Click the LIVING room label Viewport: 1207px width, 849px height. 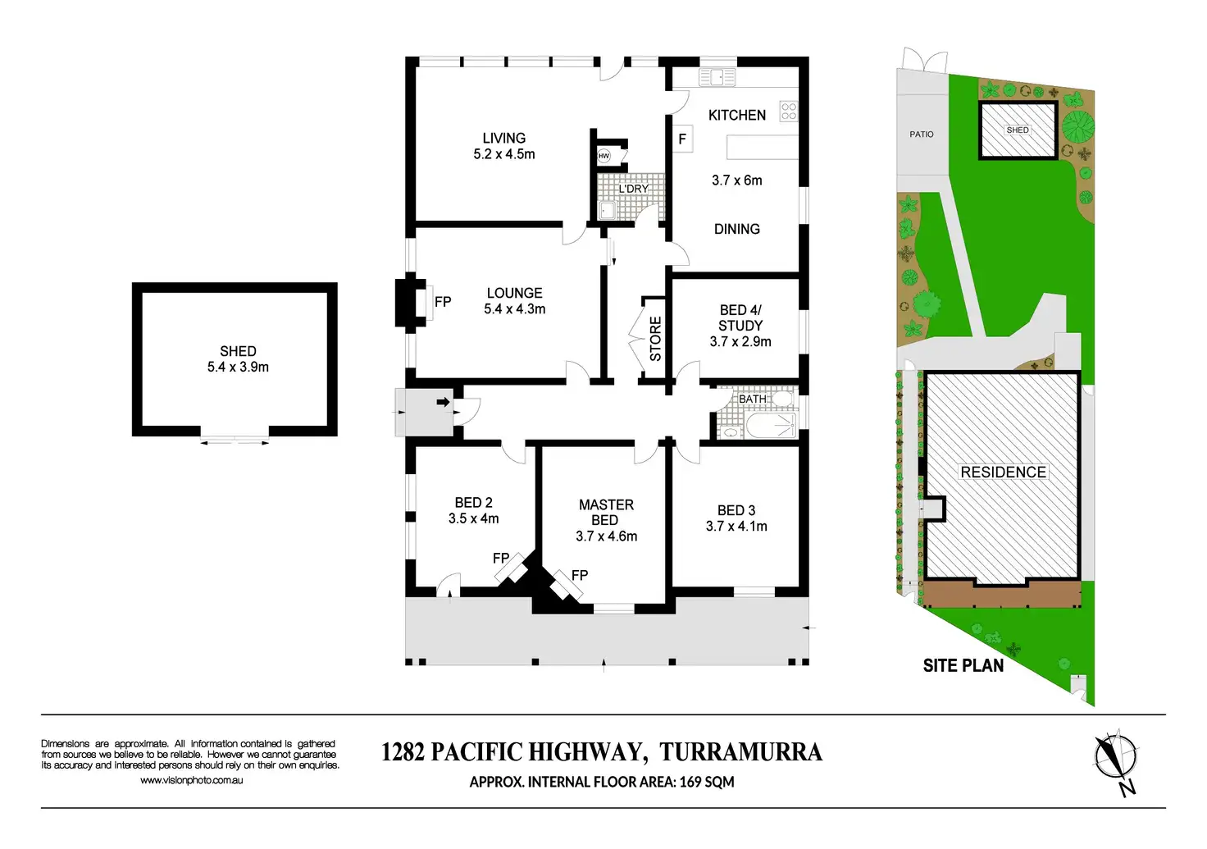point(503,139)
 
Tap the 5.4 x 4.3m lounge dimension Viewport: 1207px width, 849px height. point(514,309)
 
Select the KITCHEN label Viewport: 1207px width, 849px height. point(737,116)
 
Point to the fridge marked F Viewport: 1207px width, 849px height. point(682,139)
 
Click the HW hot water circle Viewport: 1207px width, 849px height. point(604,156)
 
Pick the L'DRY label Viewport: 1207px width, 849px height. point(633,189)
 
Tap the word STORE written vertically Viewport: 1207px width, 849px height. point(656,339)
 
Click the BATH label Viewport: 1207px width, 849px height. point(752,399)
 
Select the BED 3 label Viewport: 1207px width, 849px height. point(736,510)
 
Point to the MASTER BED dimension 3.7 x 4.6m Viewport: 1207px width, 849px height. point(606,536)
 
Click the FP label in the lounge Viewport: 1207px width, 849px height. point(443,302)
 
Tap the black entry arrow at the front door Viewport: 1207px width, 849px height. point(444,402)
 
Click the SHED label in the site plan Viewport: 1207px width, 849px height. point(1017,130)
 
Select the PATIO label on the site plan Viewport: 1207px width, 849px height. point(921,135)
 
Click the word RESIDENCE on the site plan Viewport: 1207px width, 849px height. point(1003,472)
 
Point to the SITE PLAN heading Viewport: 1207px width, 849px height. point(963,666)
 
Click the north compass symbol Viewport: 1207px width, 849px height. point(1117,758)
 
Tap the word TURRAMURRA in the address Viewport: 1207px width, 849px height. point(740,752)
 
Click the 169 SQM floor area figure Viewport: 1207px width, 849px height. point(706,783)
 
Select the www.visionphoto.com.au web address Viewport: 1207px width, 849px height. point(191,781)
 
